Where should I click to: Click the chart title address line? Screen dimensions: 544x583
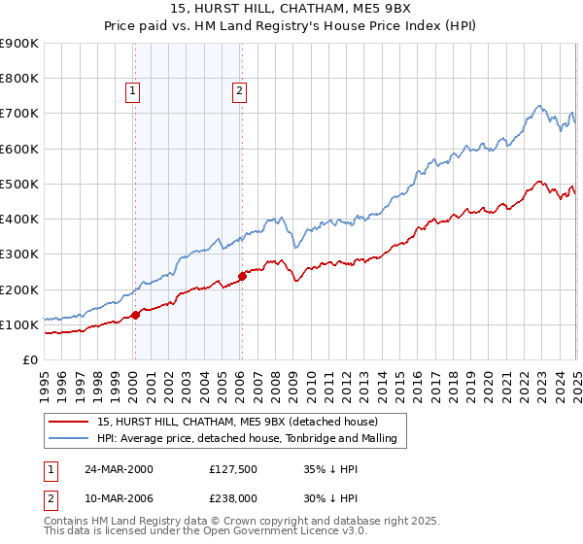pos(291,11)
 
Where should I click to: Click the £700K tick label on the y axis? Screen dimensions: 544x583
pos(19,114)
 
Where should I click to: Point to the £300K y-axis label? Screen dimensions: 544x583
pos(19,255)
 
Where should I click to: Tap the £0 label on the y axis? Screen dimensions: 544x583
pos(30,360)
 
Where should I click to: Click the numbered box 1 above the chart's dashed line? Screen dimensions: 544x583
pos(132,92)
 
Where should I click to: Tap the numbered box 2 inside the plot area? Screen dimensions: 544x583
pos(238,92)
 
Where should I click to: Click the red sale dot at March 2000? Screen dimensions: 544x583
pos(136,314)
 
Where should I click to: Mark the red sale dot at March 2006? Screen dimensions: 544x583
pos(242,276)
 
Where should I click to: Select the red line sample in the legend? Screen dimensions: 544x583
pos(68,422)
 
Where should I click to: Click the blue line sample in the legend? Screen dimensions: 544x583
pos(68,438)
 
